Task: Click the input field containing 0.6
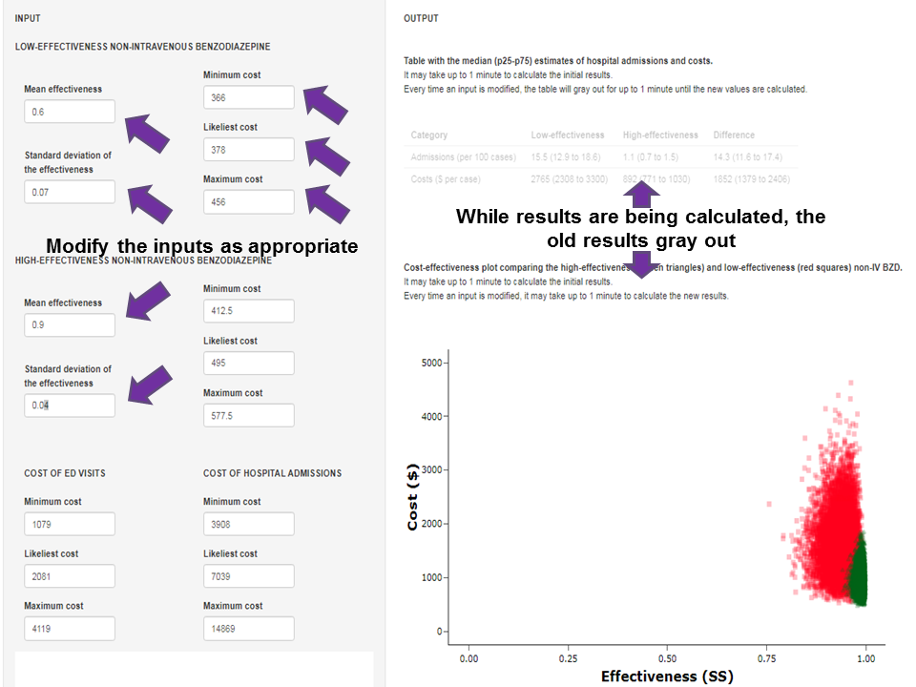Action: point(69,112)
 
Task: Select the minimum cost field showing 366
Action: point(248,97)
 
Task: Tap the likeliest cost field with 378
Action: point(248,150)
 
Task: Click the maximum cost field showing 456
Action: point(248,202)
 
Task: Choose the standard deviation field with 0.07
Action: point(69,192)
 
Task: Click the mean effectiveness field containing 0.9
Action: point(69,325)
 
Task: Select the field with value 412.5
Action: point(248,311)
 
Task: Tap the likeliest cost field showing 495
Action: point(248,364)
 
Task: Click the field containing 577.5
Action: point(248,416)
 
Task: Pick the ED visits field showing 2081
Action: point(69,576)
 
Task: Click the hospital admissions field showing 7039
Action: point(248,576)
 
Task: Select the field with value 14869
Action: point(248,629)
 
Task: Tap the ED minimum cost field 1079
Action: point(69,524)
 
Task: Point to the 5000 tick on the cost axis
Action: point(432,363)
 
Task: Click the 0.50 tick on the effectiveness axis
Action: point(667,658)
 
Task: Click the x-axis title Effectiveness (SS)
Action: point(667,677)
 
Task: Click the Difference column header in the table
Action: point(733,135)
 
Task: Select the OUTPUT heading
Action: point(421,19)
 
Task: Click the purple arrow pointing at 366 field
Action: point(325,103)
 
